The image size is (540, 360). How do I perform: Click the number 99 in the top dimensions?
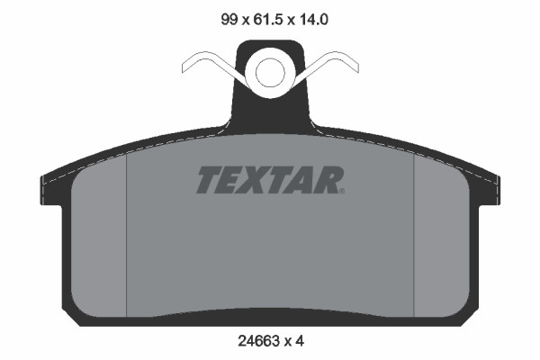pos(229,19)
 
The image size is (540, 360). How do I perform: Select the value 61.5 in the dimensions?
pos(268,19)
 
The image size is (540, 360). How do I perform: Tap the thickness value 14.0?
pos(313,19)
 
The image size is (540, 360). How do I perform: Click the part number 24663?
pos(258,341)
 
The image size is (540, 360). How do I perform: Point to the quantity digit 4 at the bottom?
pos(300,341)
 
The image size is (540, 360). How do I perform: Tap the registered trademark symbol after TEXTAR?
pos(342,191)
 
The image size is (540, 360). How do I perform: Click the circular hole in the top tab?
pos(270,73)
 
